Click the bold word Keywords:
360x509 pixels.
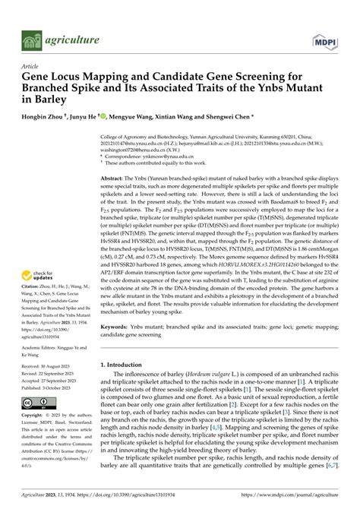tap(117, 327)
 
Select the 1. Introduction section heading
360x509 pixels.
tap(127, 365)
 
